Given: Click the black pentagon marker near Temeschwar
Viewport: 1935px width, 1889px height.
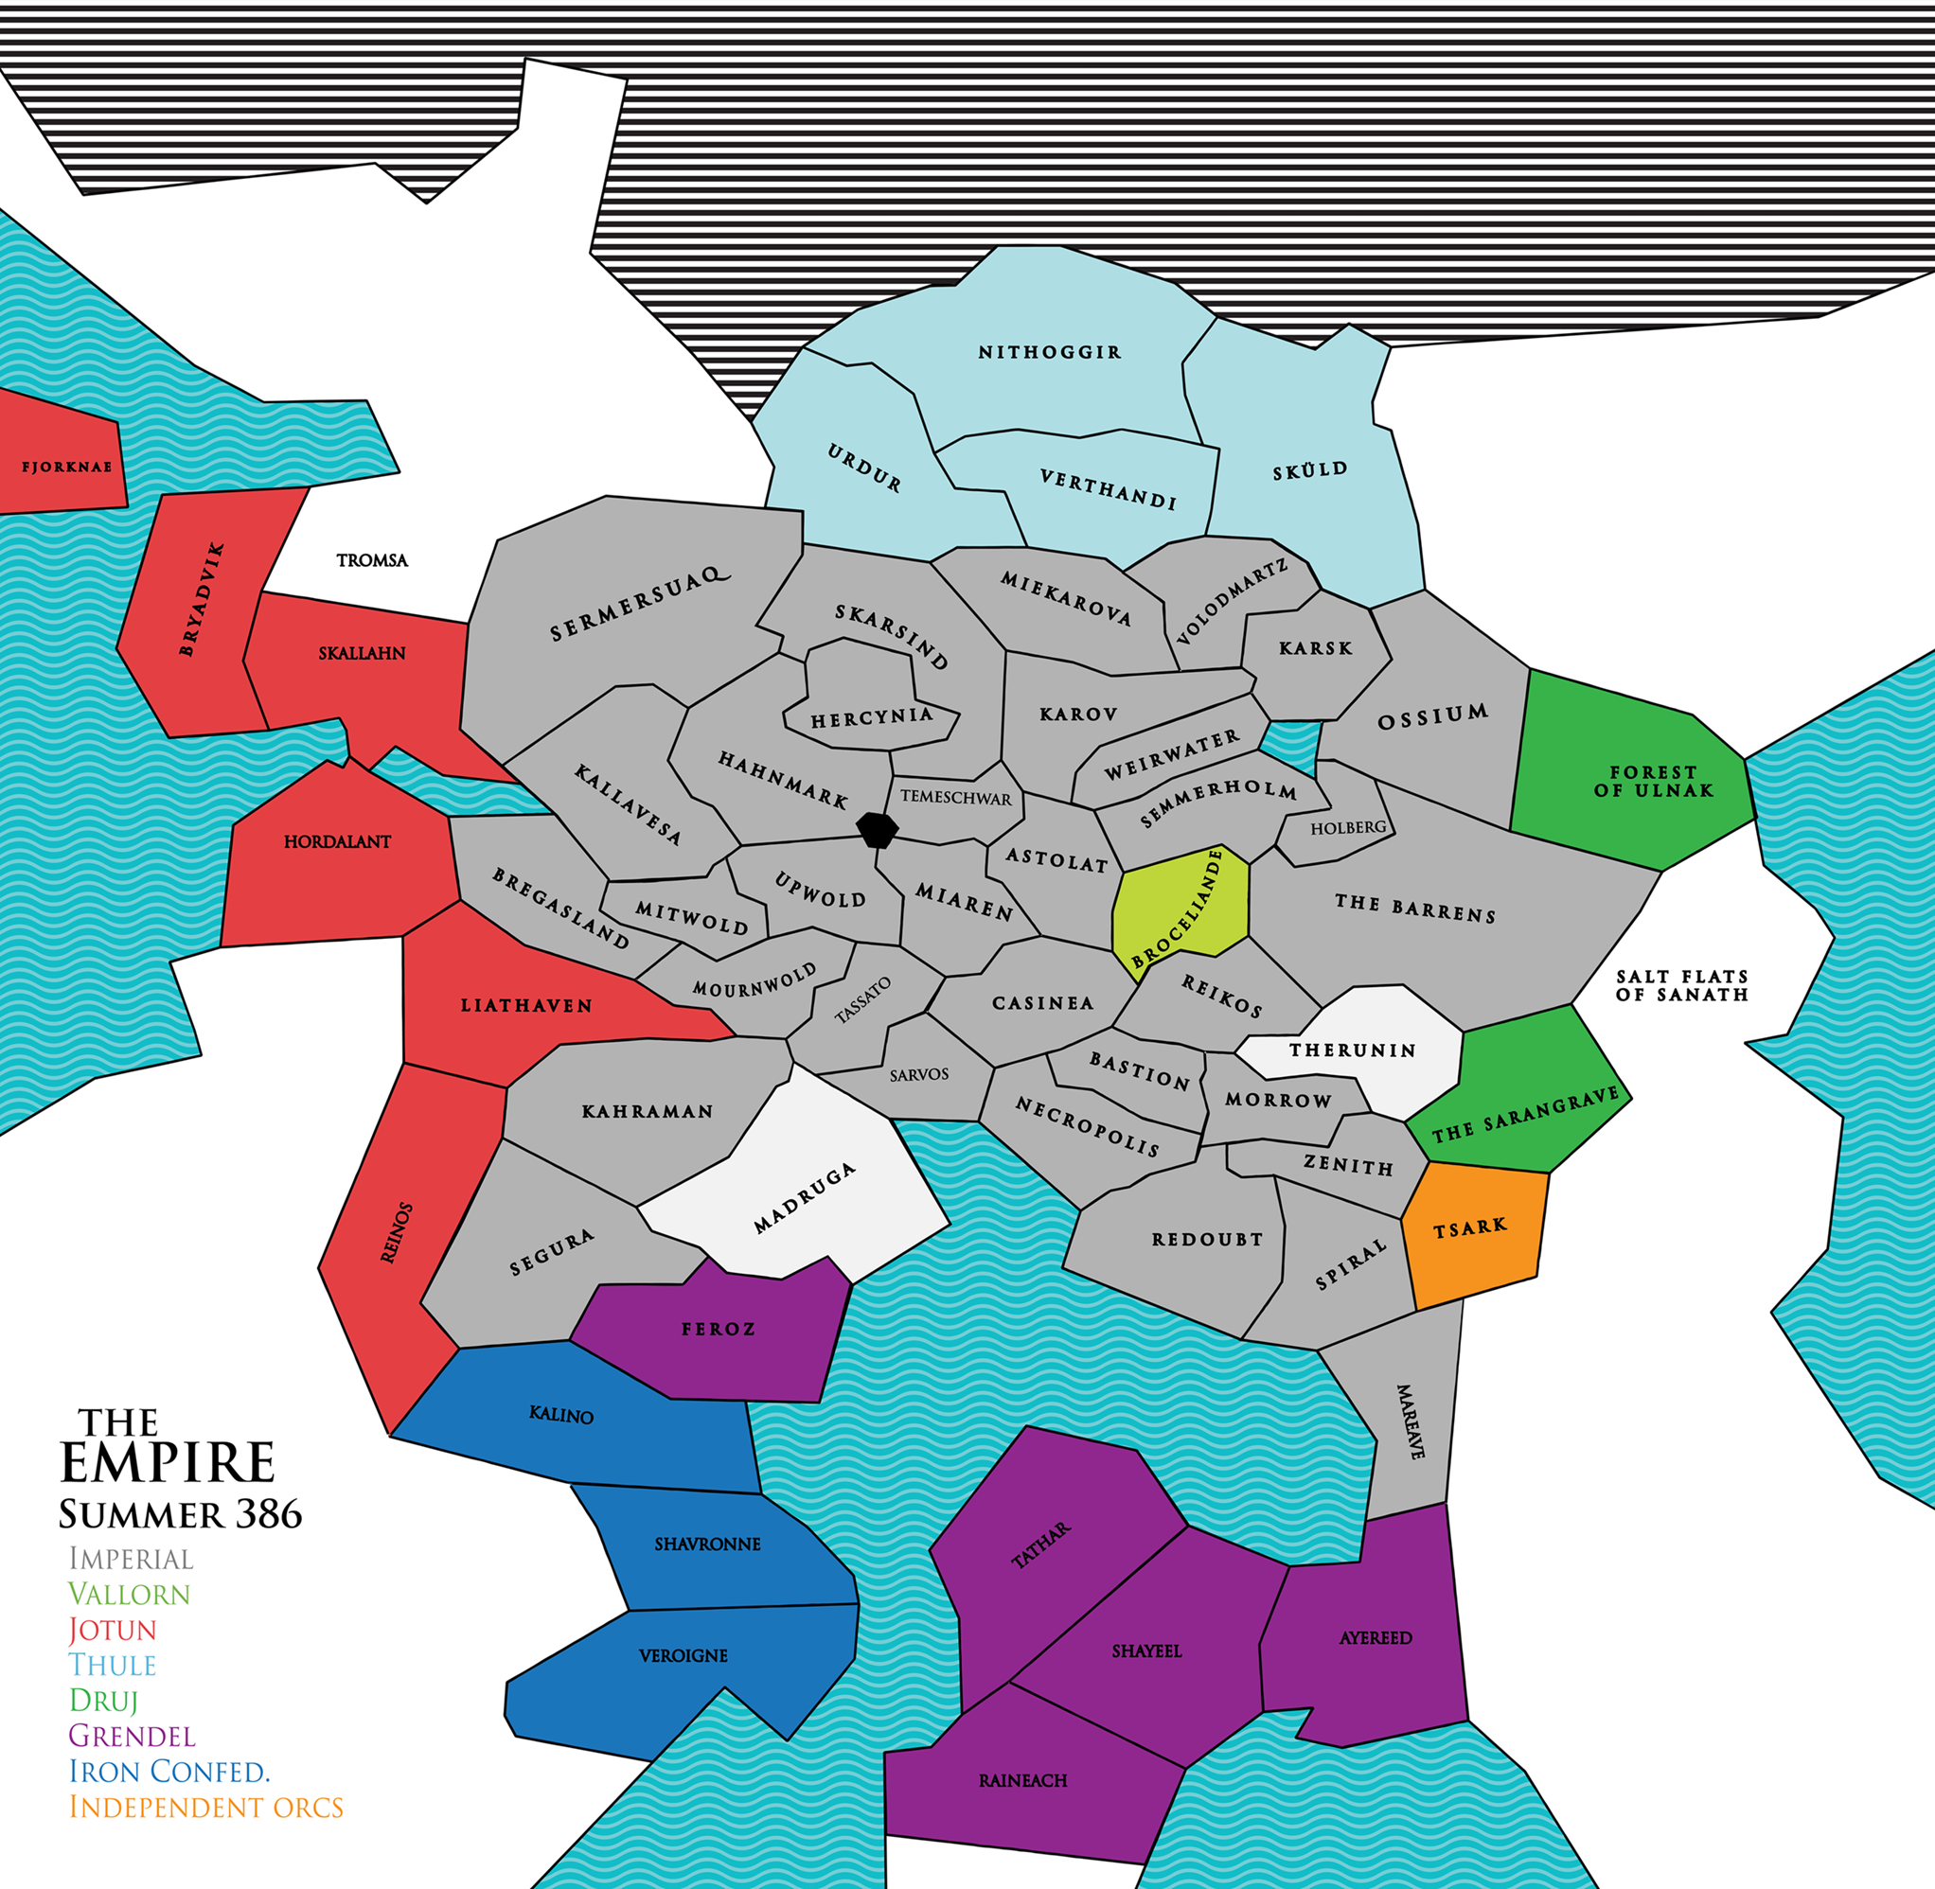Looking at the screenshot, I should pos(878,828).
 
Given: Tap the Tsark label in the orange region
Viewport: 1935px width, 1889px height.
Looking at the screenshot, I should pos(1469,1227).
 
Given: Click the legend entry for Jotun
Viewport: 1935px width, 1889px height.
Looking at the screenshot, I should pos(112,1630).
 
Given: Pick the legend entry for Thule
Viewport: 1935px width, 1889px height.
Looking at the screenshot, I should pos(112,1665).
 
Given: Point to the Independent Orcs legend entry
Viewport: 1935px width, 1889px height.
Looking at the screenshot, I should pos(206,1807).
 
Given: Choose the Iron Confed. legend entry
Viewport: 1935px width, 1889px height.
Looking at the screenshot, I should pos(169,1771).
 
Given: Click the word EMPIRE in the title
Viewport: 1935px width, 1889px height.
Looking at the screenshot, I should pos(167,1462).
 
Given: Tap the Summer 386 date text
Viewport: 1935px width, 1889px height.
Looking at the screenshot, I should pos(180,1514).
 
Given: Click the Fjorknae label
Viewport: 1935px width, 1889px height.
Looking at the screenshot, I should pos(66,467).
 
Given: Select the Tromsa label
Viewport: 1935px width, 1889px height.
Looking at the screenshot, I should pos(372,560).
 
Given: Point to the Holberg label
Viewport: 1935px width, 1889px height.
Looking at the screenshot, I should pos(1347,827).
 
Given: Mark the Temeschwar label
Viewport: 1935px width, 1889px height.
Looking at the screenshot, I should pos(955,798).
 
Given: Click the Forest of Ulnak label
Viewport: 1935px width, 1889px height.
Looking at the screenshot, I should pos(1653,781).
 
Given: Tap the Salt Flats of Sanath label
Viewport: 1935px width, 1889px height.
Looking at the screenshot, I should pos(1681,985).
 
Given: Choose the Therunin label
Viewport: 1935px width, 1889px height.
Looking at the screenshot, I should pos(1353,1050).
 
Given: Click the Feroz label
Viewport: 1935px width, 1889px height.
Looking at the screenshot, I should pos(719,1330).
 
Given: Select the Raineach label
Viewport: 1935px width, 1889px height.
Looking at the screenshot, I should pos(1022,1781).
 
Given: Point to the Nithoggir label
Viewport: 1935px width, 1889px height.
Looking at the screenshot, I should pos(1050,352).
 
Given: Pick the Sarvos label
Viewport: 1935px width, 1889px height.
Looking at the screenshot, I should pos(919,1074).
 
